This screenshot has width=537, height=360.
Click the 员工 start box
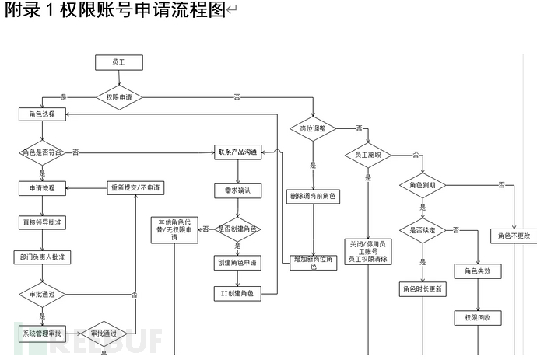(118, 62)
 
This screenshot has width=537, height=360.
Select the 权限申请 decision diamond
(119, 97)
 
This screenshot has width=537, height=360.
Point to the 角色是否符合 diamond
(42, 152)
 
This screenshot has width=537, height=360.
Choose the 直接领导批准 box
(42, 222)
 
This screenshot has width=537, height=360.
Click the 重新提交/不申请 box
(136, 188)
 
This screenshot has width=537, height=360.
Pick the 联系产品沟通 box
(238, 151)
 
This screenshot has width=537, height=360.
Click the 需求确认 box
(238, 190)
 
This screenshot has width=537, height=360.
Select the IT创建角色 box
(238, 293)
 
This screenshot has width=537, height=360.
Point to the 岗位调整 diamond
(313, 127)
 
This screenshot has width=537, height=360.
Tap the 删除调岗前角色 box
(313, 196)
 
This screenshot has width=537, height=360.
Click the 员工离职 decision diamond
(367, 154)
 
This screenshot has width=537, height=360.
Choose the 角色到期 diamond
(423, 185)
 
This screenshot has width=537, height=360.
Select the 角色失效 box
(477, 271)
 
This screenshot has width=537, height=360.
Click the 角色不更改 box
(514, 235)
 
